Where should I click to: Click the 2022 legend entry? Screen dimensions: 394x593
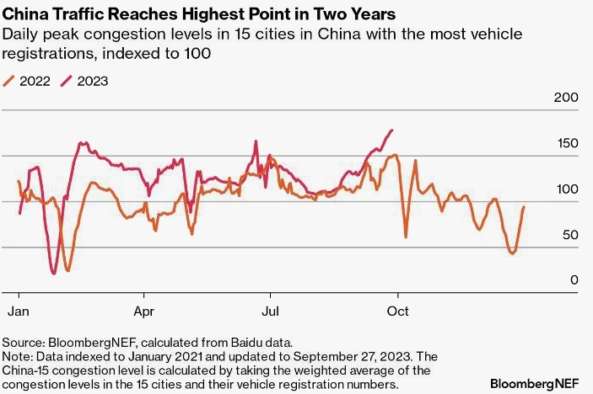click(x=28, y=82)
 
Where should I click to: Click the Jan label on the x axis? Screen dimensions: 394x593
click(x=19, y=310)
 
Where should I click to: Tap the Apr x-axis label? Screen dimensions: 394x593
click(x=144, y=310)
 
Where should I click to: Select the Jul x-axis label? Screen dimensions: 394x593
click(x=270, y=310)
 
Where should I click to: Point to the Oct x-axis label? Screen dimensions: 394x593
click(x=397, y=310)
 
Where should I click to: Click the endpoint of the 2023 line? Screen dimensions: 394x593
click(x=393, y=130)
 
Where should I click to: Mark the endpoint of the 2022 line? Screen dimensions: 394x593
click(x=524, y=207)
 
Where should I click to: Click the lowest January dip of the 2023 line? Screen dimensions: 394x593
click(x=54, y=273)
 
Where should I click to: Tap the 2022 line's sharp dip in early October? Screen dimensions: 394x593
click(x=406, y=237)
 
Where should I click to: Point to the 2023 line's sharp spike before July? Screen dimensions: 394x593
click(x=255, y=141)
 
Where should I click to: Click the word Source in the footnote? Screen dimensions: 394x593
click(x=23, y=343)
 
